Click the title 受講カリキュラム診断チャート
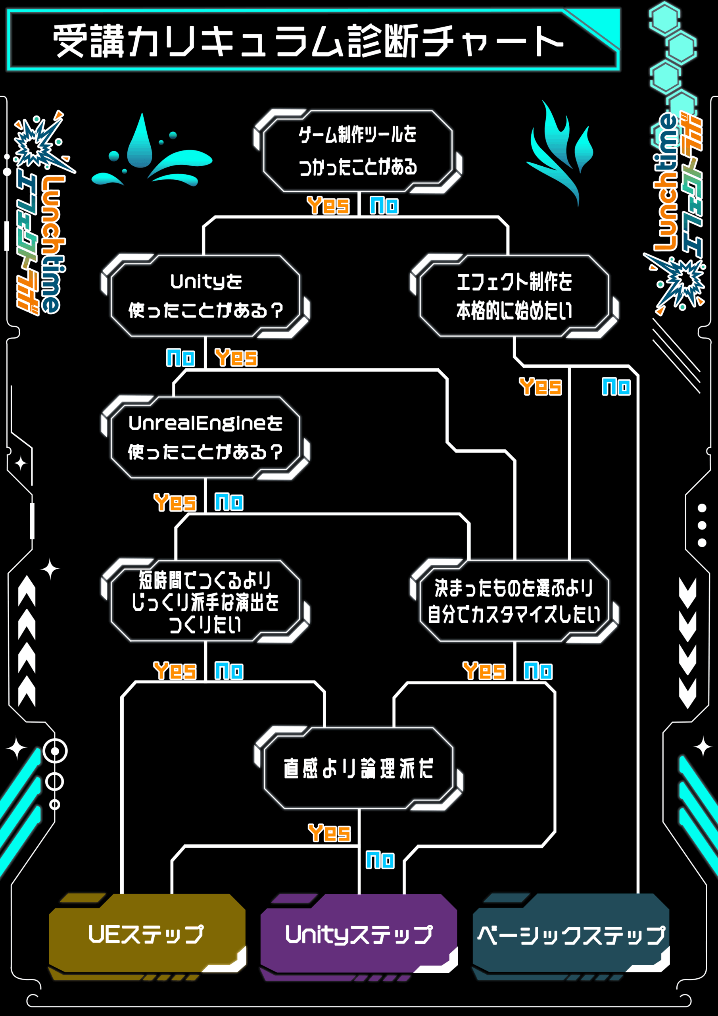pos(308,41)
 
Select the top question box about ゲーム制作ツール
pos(357,150)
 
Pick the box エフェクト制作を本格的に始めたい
pos(514,296)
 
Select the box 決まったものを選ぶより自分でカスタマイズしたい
pos(514,601)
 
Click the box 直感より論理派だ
pos(358,768)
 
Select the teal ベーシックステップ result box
pos(571,935)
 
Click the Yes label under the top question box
pos(328,205)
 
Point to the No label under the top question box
pos(384,206)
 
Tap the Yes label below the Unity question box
pos(236,358)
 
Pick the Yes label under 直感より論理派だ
pos(329,833)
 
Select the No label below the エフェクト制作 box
pos(616,387)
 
